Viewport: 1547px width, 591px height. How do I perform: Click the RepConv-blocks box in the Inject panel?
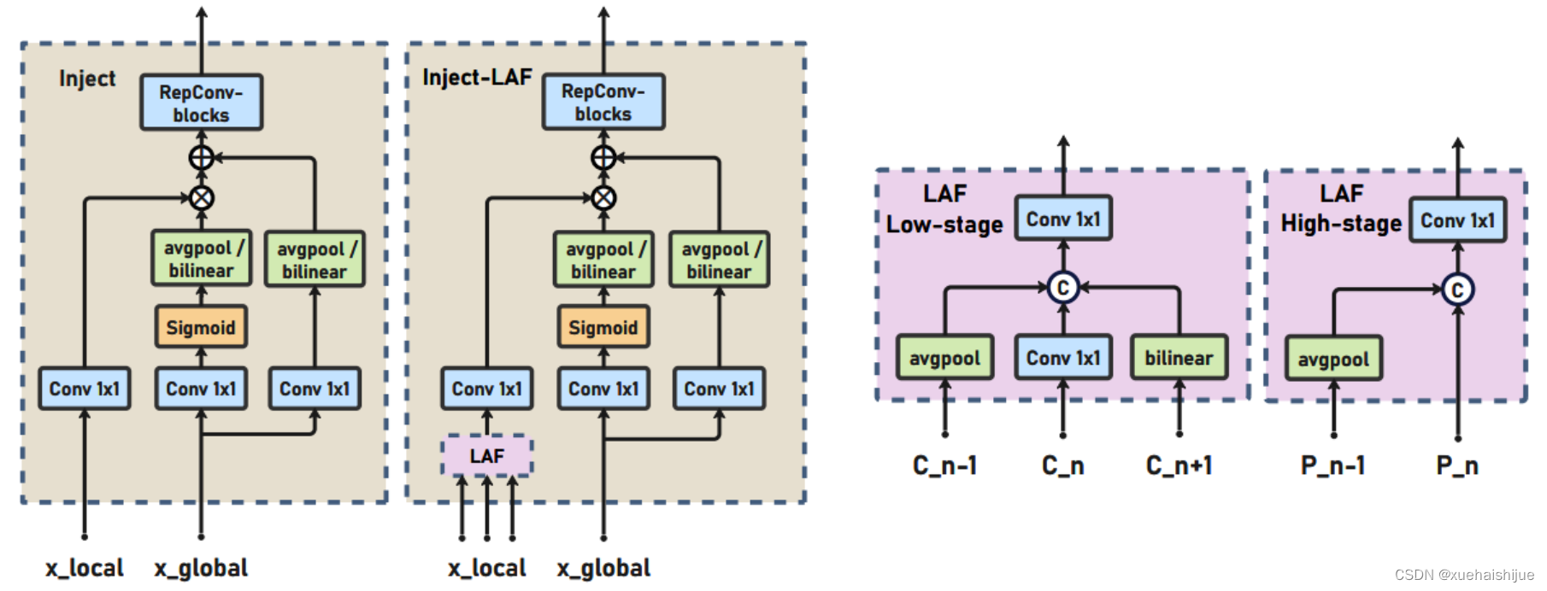(x=201, y=102)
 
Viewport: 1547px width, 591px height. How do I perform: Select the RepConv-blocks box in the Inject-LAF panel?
(x=603, y=102)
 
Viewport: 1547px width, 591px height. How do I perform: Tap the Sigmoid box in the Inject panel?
(x=201, y=327)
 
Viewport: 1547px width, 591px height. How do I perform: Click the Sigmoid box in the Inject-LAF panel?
(x=603, y=327)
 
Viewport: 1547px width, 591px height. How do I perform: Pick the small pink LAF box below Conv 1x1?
(x=487, y=456)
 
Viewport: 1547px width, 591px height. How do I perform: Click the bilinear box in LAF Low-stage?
(x=1179, y=358)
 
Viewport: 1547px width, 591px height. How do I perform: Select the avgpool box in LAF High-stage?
(x=1333, y=359)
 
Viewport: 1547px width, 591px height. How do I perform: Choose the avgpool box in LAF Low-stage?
(x=944, y=358)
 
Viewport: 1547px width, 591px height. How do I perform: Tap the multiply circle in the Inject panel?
(x=202, y=198)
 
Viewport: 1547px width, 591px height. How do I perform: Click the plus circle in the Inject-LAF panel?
(x=603, y=157)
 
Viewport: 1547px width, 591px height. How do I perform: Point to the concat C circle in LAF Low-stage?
(x=1062, y=288)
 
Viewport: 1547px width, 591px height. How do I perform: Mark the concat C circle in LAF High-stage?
(x=1457, y=290)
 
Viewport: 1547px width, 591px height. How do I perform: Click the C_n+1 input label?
(x=1179, y=465)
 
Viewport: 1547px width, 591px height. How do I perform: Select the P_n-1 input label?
(x=1332, y=465)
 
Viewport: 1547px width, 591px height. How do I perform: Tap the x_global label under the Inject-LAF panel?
(x=603, y=568)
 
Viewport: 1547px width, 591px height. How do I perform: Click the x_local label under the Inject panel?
(x=85, y=568)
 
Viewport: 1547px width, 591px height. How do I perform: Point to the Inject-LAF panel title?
(x=477, y=78)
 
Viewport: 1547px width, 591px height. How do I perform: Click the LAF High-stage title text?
(x=1341, y=208)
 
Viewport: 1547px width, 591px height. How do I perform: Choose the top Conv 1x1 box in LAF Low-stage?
(x=1063, y=219)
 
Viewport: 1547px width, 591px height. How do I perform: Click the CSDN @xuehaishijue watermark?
(x=1463, y=575)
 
